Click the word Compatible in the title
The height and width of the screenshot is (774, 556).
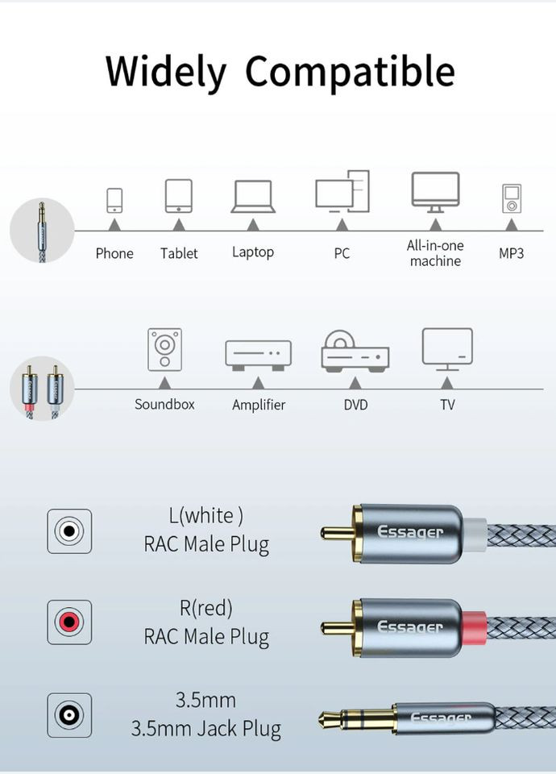(x=350, y=72)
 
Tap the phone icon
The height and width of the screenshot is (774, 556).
(x=114, y=200)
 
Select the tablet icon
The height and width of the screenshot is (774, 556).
(x=178, y=195)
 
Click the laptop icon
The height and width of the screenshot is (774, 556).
(x=253, y=196)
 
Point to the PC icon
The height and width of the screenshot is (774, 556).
(x=342, y=193)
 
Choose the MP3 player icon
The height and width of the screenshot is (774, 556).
(x=512, y=198)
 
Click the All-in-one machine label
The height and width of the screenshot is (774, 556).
(x=435, y=253)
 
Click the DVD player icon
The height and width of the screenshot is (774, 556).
(x=355, y=352)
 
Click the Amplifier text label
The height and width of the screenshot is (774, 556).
(x=259, y=405)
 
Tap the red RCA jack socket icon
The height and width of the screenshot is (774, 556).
(x=69, y=622)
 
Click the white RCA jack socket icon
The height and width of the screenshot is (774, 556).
(x=69, y=531)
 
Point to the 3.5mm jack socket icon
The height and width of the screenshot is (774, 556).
(x=69, y=714)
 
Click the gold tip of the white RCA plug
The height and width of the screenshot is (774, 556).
(x=335, y=533)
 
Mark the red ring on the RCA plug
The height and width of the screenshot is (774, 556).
(x=475, y=626)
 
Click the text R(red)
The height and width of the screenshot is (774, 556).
(x=206, y=607)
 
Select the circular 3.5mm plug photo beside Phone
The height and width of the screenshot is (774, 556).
(x=42, y=231)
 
